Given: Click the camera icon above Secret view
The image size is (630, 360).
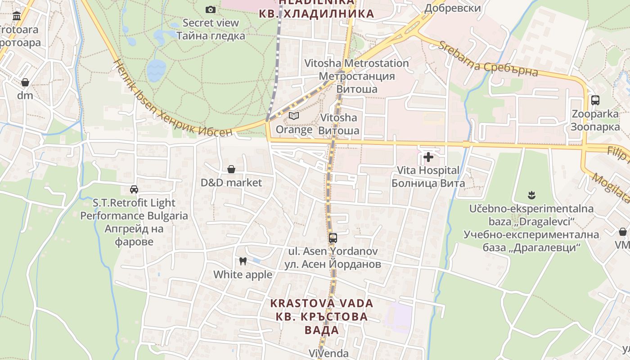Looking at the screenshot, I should pyautogui.click(x=210, y=9).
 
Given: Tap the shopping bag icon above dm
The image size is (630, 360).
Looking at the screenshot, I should pyautogui.click(x=25, y=83).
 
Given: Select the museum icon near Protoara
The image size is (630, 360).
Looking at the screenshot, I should pyautogui.click(x=17, y=17).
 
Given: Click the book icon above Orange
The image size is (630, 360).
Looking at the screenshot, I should pyautogui.click(x=294, y=116).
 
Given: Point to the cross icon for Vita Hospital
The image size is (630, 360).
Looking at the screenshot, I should pyautogui.click(x=428, y=157).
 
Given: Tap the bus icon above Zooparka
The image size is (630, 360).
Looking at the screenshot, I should pyautogui.click(x=595, y=100).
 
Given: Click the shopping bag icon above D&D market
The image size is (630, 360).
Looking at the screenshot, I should pyautogui.click(x=231, y=169).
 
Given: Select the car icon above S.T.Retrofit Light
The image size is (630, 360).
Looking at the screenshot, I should pyautogui.click(x=134, y=189).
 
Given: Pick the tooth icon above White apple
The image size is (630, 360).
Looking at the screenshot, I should pyautogui.click(x=243, y=261).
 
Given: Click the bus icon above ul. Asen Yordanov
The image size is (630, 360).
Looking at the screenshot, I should pyautogui.click(x=333, y=238).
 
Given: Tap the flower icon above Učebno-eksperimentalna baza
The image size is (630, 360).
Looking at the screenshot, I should pyautogui.click(x=531, y=195).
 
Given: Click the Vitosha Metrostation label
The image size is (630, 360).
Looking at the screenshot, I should pyautogui.click(x=356, y=63).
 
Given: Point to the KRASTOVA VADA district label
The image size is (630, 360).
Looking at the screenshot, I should pyautogui.click(x=322, y=303).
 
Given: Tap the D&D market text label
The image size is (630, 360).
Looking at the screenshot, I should pyautogui.click(x=231, y=183).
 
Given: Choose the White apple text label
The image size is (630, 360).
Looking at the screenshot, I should pyautogui.click(x=243, y=274).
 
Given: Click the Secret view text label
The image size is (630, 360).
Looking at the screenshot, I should pyautogui.click(x=211, y=22).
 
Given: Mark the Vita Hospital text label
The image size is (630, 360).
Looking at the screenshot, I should pyautogui.click(x=428, y=171).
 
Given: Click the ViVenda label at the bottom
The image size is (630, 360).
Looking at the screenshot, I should pyautogui.click(x=328, y=353).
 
